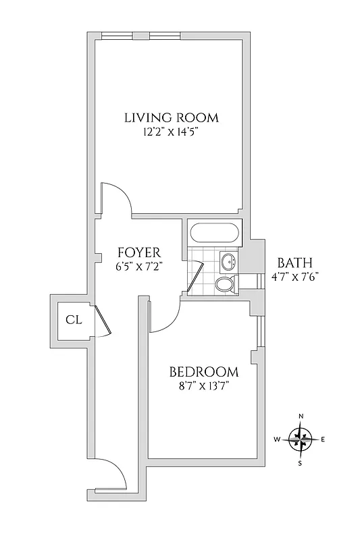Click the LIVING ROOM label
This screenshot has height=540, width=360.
(171, 117)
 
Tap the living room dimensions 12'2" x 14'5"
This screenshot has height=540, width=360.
(171, 133)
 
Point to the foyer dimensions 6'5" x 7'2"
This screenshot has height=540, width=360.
(138, 267)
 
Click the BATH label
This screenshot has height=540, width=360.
(294, 263)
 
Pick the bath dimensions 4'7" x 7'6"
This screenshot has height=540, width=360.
(294, 277)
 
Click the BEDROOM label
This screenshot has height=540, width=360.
(203, 372)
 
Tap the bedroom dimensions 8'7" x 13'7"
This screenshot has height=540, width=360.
(203, 387)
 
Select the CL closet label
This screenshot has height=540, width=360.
(73, 320)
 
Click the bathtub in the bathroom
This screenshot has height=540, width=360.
(213, 234)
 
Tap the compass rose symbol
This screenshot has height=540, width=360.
(300, 439)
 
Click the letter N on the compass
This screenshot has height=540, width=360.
(301, 416)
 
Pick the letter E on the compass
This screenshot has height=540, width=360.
(323, 440)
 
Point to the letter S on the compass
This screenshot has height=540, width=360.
(301, 463)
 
